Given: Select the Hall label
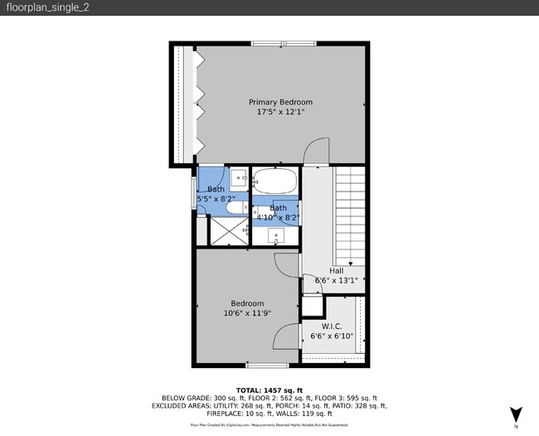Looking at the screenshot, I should tap(336, 270).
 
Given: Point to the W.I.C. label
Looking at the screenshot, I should tap(332, 326).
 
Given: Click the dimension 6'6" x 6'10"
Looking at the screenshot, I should tap(332, 337).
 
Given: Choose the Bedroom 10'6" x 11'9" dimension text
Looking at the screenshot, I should tap(247, 313).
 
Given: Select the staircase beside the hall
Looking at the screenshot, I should tap(349, 213).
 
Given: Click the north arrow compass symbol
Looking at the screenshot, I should tap(517, 414).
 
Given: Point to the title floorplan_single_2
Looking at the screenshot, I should tap(46, 7).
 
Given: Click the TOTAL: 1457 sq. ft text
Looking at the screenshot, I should tap(269, 390).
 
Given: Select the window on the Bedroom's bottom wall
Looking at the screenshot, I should tap(268, 366).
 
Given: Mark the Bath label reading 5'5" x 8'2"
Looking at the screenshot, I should tap(216, 195).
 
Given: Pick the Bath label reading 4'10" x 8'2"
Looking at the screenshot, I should tap(278, 213).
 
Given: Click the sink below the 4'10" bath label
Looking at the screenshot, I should tap(277, 236).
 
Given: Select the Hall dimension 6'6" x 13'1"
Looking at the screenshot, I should tap(336, 280).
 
